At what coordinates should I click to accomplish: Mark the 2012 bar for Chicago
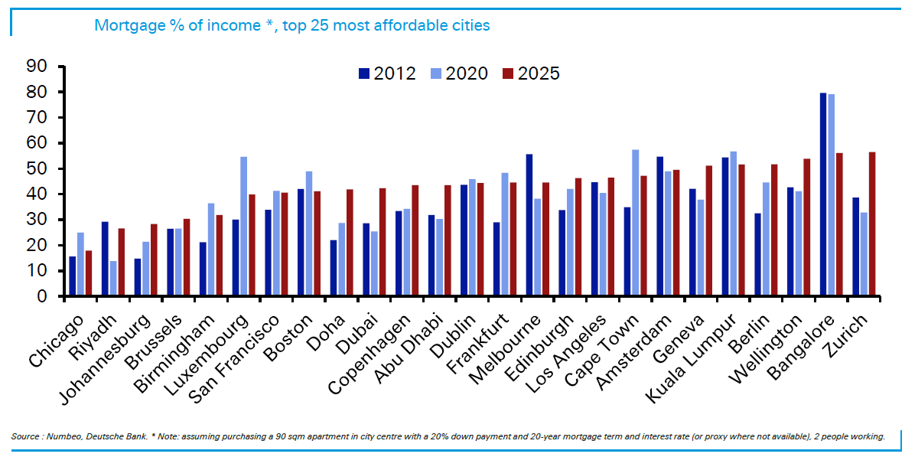tap(73, 276)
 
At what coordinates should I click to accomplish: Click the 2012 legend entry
tap(387, 73)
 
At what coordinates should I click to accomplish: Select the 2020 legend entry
tap(459, 73)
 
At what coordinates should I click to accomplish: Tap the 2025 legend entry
tap(531, 73)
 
